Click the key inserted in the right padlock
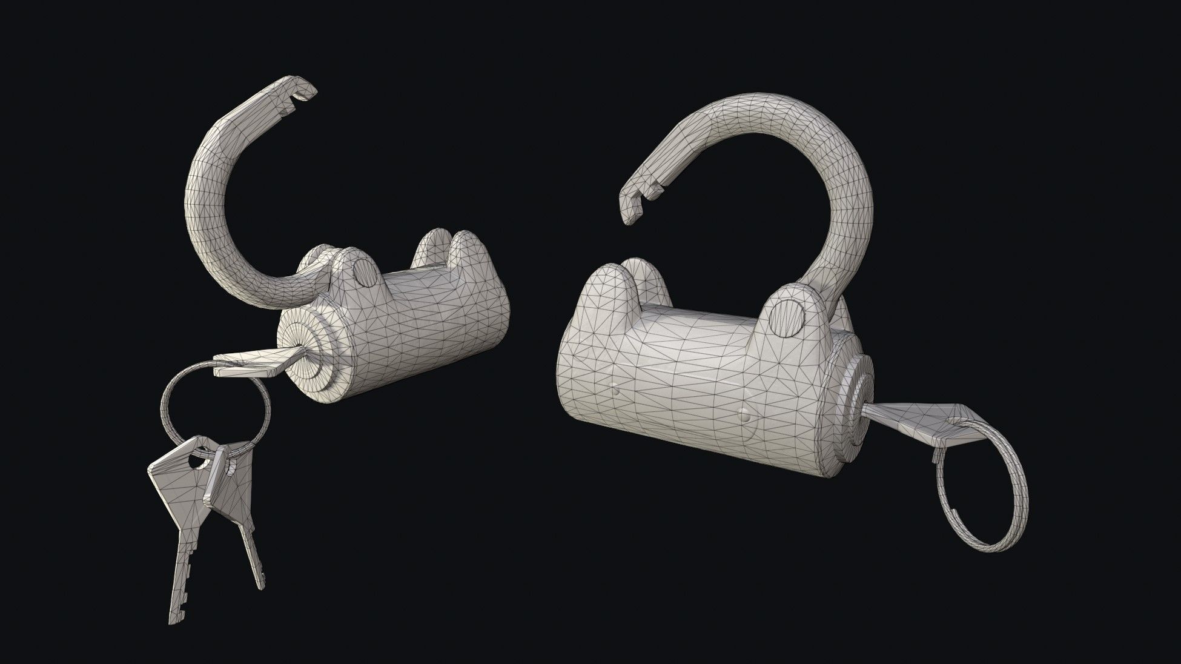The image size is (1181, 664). (908, 418)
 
